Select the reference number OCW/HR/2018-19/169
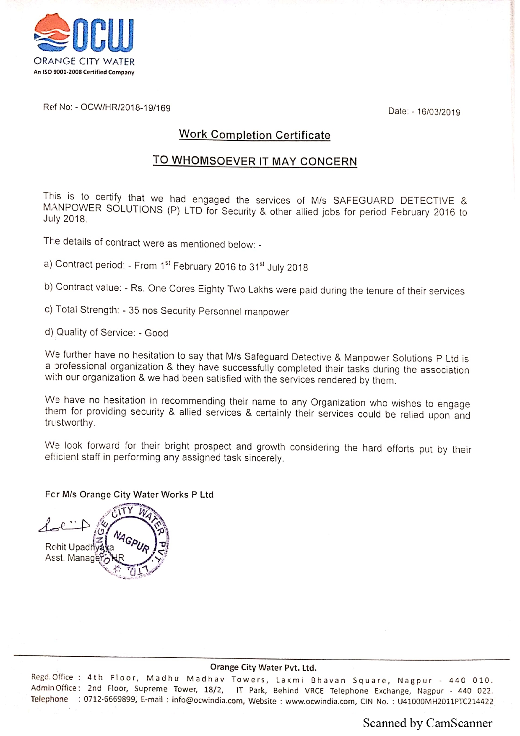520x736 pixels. [x=125, y=108]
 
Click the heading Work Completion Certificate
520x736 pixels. [x=255, y=135]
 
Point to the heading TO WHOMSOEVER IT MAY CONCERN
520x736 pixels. [x=255, y=161]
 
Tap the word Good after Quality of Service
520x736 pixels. [x=156, y=333]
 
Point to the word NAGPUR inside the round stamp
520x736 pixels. [x=131, y=542]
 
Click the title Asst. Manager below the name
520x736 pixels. [x=73, y=558]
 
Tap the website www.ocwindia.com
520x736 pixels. [x=320, y=701]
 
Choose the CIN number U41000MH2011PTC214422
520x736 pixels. [x=445, y=701]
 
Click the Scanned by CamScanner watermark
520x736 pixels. [x=427, y=723]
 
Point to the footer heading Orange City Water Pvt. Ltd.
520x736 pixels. [x=263, y=668]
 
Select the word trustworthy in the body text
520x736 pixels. [x=70, y=423]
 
